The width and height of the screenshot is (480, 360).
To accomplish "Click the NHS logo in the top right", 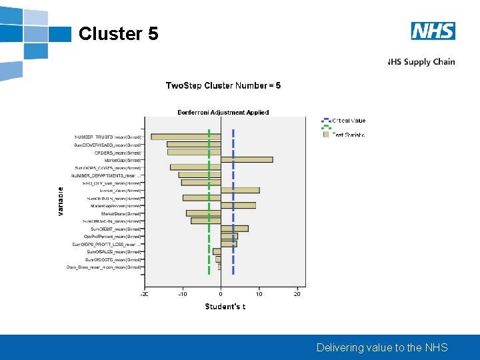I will pyautogui.click(x=433, y=31).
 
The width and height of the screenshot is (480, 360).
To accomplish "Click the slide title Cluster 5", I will pyautogui.click(x=118, y=33).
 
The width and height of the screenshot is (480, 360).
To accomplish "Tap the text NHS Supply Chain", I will pyautogui.click(x=421, y=62).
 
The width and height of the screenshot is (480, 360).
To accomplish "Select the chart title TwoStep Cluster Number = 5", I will pyautogui.click(x=223, y=85).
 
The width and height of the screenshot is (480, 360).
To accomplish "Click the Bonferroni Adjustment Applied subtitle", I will pyautogui.click(x=223, y=112).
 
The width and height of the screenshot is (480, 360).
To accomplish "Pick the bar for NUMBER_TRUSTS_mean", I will pyautogui.click(x=186, y=137).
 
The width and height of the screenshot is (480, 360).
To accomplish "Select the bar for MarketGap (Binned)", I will pyautogui.click(x=247, y=159).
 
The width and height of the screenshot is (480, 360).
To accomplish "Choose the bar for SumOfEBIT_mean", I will pyautogui.click(x=234, y=229).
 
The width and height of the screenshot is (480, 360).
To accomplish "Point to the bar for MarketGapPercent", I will pyautogui.click(x=238, y=205).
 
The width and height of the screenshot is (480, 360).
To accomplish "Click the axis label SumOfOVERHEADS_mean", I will pyautogui.click(x=107, y=145).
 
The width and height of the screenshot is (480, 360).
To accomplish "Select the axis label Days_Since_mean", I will pyautogui.click(x=103, y=267).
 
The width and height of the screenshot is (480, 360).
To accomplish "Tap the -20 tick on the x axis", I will pyautogui.click(x=144, y=294).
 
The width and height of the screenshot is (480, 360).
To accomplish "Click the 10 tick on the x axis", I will pyautogui.click(x=259, y=294).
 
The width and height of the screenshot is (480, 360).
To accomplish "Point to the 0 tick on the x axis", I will pyautogui.click(x=221, y=294).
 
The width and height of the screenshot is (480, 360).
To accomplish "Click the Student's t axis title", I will pyautogui.click(x=225, y=307).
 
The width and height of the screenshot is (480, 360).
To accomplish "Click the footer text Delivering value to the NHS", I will pyautogui.click(x=382, y=347).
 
